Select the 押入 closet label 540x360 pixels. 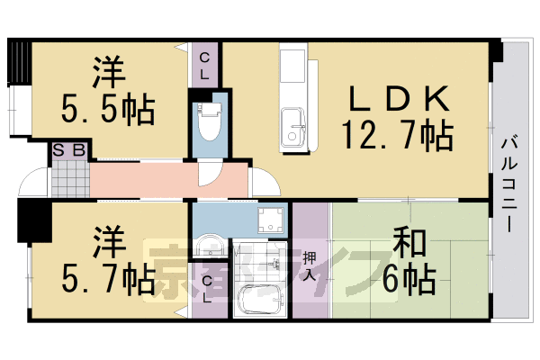pos(310,264)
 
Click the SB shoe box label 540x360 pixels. pos(68,150)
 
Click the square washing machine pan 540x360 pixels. pos(268,220)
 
